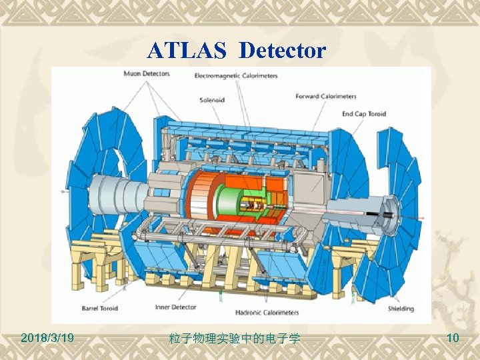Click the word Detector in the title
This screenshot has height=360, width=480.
pos(283,51)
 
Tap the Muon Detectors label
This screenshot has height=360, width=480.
pos(147,74)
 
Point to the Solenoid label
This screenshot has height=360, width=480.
pos(213,100)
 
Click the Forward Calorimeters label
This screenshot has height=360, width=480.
pos(326,97)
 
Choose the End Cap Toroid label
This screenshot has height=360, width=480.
pos(363,114)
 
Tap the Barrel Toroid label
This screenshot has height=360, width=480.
pos(100,309)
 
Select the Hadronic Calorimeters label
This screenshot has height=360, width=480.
pos(267,312)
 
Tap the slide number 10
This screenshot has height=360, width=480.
pos(453,339)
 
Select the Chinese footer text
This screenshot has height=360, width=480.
pos(235,339)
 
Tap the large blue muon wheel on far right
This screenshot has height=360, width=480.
pos(393,200)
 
